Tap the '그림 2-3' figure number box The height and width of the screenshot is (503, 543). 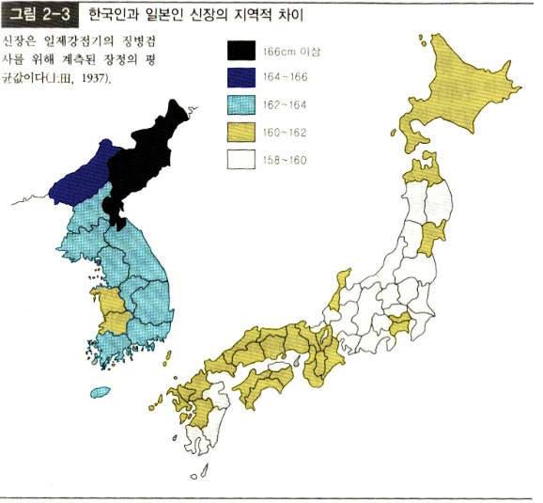[x=40, y=15]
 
